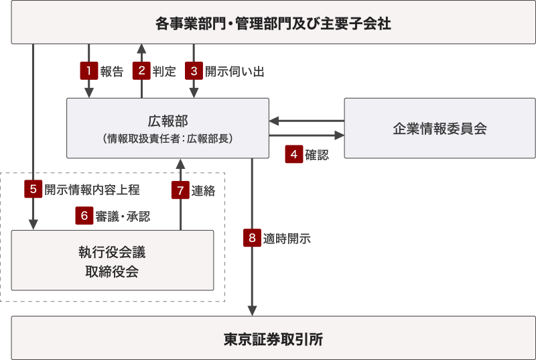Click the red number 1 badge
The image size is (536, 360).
(88, 71)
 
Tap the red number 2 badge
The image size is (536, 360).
(141, 71)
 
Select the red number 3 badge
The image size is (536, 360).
(194, 71)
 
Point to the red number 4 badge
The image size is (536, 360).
(293, 154)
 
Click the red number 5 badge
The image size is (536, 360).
(33, 189)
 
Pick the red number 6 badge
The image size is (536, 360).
(84, 215)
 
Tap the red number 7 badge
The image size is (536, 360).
(180, 190)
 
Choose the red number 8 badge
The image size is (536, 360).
(252, 237)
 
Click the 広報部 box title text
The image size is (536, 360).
(167, 121)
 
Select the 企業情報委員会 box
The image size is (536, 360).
(440, 128)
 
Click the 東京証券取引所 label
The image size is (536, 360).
(273, 339)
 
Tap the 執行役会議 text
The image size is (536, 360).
(112, 253)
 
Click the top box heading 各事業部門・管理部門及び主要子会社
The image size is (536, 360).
(273, 24)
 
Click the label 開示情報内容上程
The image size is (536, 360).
(92, 190)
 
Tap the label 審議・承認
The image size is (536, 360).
(123, 216)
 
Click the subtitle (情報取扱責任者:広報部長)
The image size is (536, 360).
(167, 139)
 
